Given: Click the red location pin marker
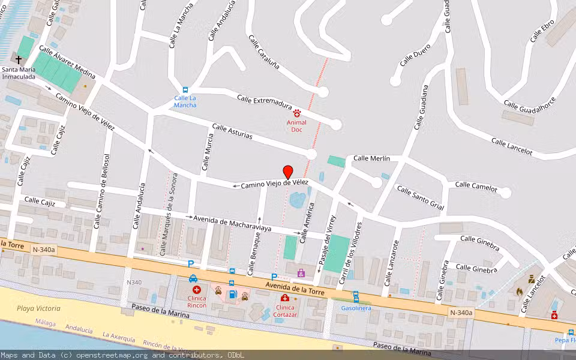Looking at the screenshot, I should click(x=288, y=172).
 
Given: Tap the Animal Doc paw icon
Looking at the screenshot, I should click(x=296, y=113).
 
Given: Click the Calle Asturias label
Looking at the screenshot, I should click(x=232, y=133).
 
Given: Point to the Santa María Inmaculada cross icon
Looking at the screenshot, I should click(x=19, y=60).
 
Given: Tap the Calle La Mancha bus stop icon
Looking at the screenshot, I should click(x=185, y=89).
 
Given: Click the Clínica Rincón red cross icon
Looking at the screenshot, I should click(x=196, y=289).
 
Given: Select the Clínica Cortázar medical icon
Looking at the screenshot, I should click(x=285, y=298).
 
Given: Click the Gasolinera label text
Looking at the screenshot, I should click(x=356, y=308).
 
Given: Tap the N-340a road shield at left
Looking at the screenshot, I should click(x=44, y=250).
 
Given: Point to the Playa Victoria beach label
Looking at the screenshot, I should click(x=38, y=308).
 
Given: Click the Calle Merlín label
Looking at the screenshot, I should click(x=371, y=158).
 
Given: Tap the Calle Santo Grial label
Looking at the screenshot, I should click(x=420, y=198).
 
